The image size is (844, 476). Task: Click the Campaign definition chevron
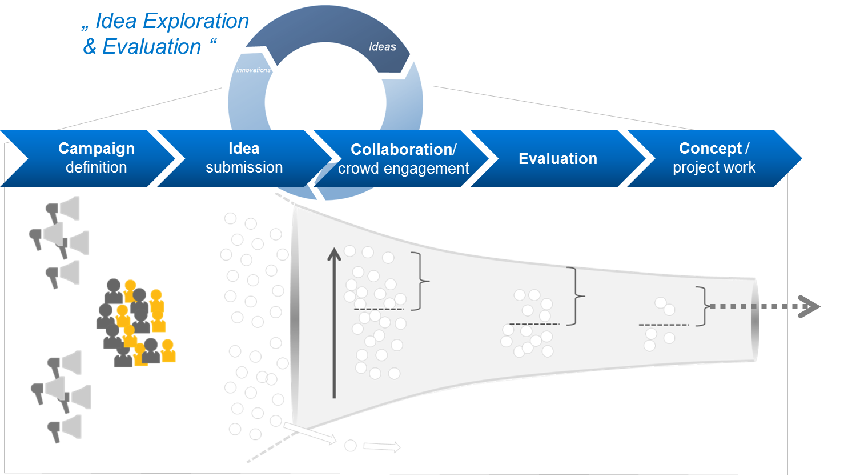[96, 158]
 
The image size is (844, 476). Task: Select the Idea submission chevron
[244, 158]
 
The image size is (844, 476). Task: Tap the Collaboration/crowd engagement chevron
[403, 159]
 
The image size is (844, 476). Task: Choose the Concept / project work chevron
[714, 158]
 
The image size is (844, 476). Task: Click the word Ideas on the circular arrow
[382, 47]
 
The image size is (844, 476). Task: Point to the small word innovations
[253, 70]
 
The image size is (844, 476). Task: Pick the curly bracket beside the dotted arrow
[703, 306]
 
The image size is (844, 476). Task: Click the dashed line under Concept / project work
[664, 325]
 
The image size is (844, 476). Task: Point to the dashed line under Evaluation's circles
[534, 324]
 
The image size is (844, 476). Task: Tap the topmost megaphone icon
[63, 210]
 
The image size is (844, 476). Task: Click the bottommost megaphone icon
[64, 428]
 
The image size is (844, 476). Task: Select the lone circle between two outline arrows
[351, 446]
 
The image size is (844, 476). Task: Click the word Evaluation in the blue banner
[558, 159]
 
